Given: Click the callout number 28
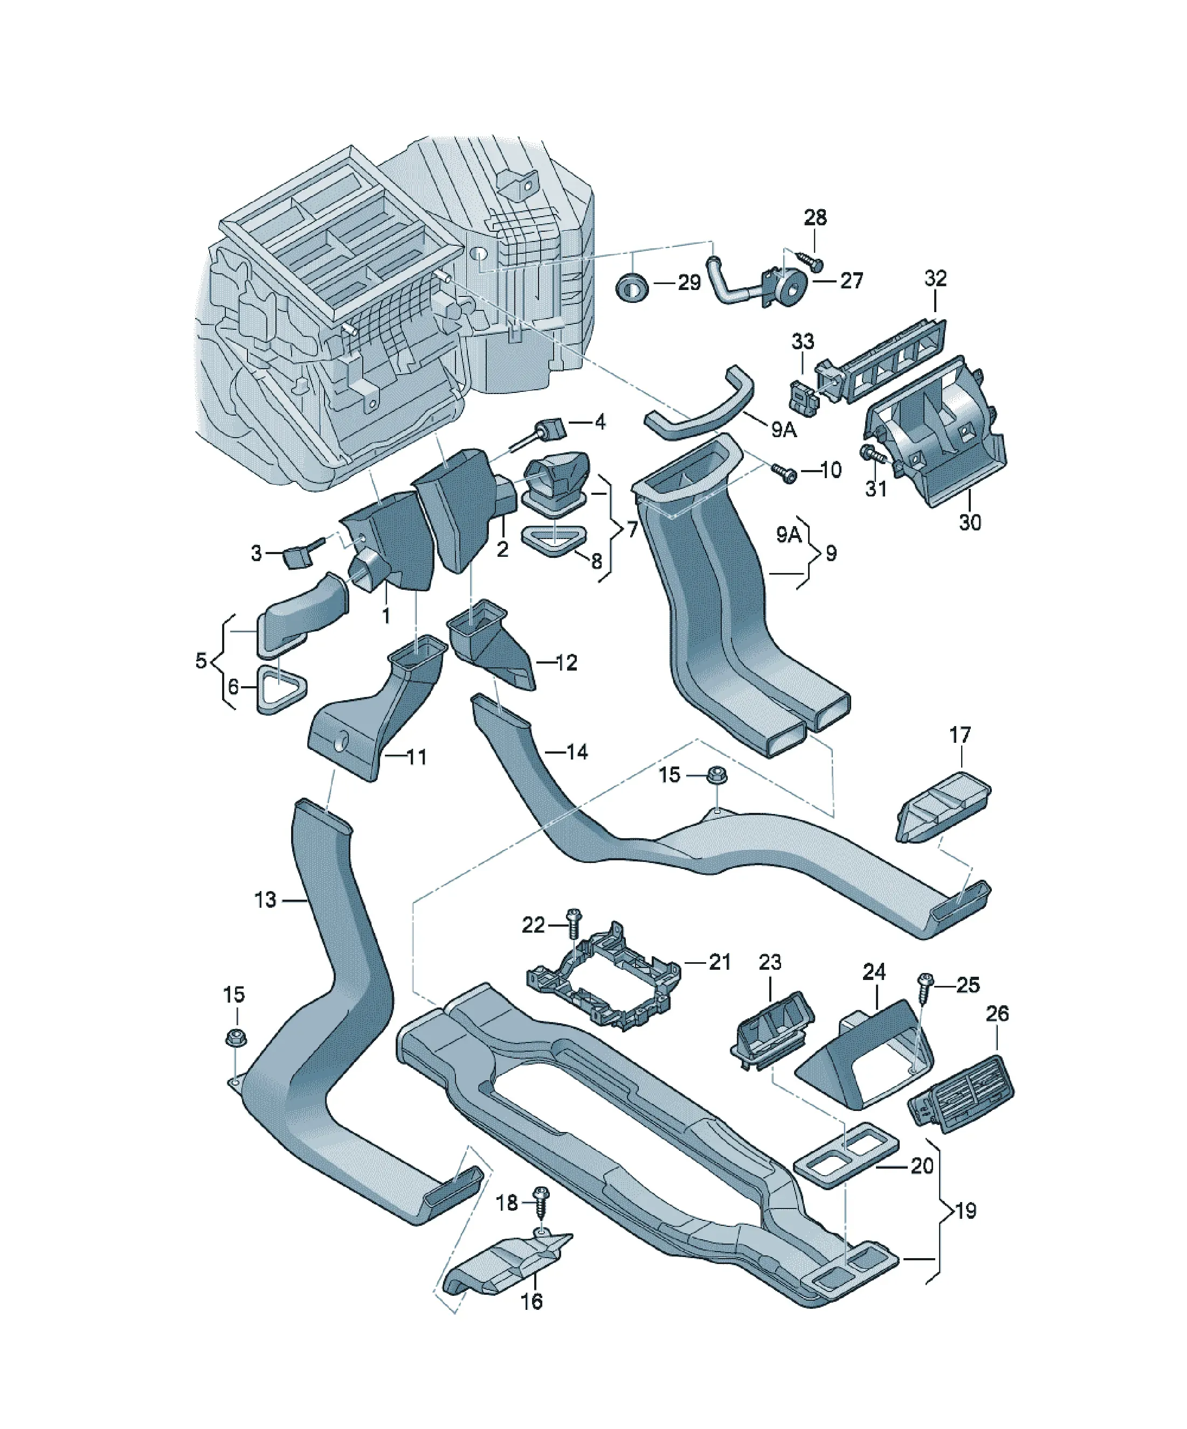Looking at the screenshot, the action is coord(816,218).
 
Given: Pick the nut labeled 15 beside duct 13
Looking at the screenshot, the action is coord(236,1038).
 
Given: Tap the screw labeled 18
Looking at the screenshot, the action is coord(542,1200).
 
